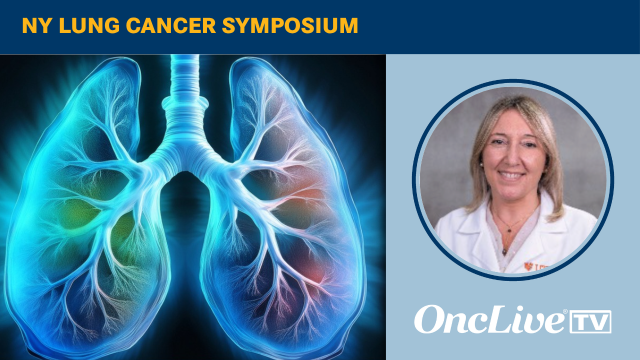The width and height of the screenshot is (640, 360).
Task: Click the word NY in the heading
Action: click(32, 26)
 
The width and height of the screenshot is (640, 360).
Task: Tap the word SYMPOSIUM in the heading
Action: click(290, 26)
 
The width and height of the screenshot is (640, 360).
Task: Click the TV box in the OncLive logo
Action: click(590, 321)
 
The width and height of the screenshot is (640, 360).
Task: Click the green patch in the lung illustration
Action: click(75, 215)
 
